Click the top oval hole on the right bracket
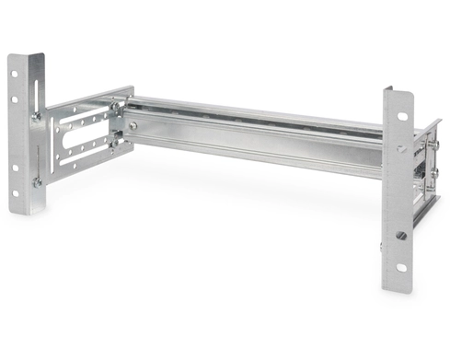tap(401, 116)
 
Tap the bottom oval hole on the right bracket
tap(401, 268)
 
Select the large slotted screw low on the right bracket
tap(400, 236)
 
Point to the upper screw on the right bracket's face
tap(401, 148)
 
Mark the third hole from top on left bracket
tap(16, 168)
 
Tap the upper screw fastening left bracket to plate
tap(37, 116)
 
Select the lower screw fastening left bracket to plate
tap(38, 182)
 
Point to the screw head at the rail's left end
tap(134, 125)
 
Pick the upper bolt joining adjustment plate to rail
tap(115, 107)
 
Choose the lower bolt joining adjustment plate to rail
tap(114, 142)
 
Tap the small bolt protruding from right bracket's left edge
tap(380, 246)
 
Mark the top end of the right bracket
tap(398, 89)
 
